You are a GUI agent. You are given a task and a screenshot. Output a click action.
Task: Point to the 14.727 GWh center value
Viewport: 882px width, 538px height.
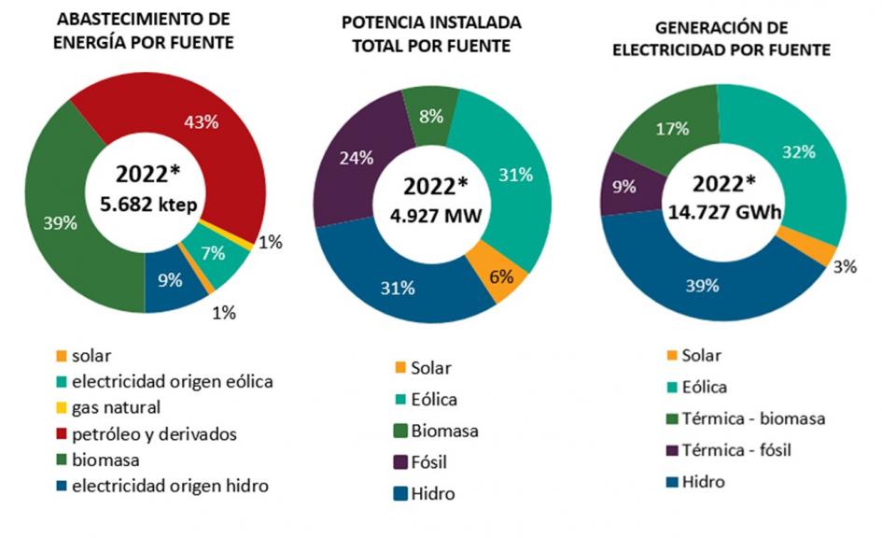point(724,212)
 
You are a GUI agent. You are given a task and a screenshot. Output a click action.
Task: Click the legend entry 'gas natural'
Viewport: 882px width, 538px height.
point(107,407)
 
